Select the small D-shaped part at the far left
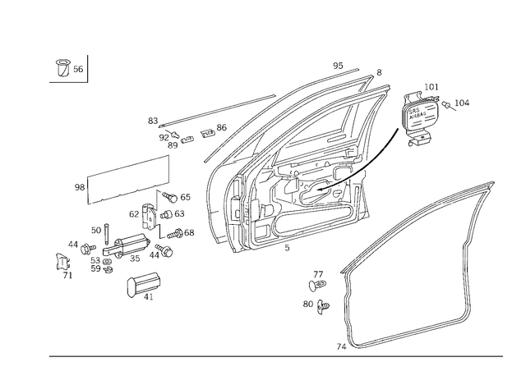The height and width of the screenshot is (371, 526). coord(59,263)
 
